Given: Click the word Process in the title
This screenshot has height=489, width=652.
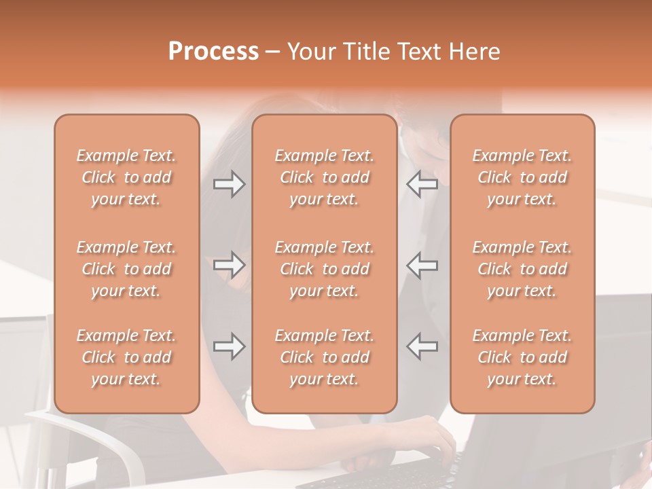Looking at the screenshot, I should click(x=213, y=52).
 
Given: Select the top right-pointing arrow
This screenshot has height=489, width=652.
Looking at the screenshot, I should click(x=230, y=183).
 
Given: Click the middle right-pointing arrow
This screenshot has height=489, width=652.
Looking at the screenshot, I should click(x=230, y=265).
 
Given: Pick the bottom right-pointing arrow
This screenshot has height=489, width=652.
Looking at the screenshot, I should click(x=230, y=346).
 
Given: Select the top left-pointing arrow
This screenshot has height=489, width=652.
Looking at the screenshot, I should click(x=422, y=183).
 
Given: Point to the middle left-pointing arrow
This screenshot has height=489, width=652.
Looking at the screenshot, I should click(x=422, y=265).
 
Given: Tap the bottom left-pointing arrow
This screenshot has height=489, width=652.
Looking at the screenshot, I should click(x=422, y=346).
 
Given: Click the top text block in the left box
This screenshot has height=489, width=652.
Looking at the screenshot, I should click(x=126, y=177).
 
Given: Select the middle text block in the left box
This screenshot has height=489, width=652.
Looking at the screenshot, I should click(x=126, y=269).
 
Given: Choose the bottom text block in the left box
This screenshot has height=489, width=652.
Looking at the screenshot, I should click(x=126, y=357).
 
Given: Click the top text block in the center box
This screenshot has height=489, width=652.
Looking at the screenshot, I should click(x=325, y=177).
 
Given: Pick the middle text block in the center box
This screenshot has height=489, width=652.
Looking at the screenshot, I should click(x=325, y=269).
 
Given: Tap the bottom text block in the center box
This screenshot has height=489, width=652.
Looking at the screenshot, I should click(x=325, y=357).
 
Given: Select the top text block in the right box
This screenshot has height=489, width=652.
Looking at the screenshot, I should click(x=522, y=177).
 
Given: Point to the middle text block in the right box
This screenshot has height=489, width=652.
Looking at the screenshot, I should click(x=522, y=269).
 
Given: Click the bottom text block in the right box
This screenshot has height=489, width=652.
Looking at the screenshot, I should click(x=522, y=357).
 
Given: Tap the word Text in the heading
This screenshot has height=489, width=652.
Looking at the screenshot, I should click(x=418, y=52).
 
